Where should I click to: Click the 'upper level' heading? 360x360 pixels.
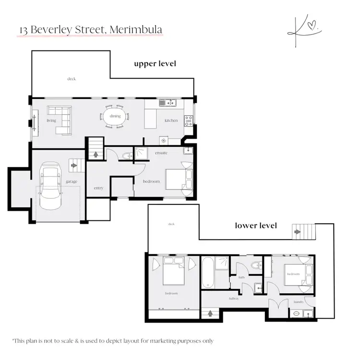[x=155, y=64]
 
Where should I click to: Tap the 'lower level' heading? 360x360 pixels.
[x=256, y=225]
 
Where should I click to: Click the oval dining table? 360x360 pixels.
[x=115, y=116]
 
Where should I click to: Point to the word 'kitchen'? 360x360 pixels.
[x=171, y=120]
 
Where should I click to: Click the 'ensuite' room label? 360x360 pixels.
[x=161, y=153]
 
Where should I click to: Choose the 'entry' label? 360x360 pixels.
[x=98, y=188]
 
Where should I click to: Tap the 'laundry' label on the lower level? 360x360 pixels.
[x=299, y=302]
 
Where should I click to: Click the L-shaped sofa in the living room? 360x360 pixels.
[x=62, y=120]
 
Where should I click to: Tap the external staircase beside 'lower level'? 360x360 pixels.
[x=303, y=232]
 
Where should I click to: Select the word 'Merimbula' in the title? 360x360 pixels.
[x=136, y=30]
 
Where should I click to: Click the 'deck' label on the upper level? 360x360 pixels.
[x=72, y=79]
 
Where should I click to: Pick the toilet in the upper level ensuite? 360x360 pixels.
[x=127, y=155]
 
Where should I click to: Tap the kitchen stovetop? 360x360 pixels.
[x=188, y=120]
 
